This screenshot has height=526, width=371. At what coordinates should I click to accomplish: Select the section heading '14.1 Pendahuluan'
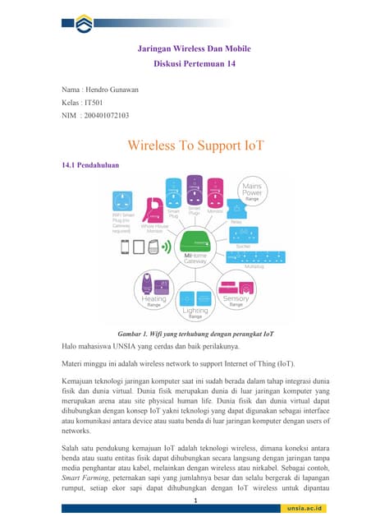point(91,165)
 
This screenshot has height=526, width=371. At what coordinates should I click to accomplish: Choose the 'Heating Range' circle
point(153,293)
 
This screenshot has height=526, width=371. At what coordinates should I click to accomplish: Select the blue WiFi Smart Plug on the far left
point(122,200)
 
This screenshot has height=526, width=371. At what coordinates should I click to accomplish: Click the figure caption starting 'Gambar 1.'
point(195,335)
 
